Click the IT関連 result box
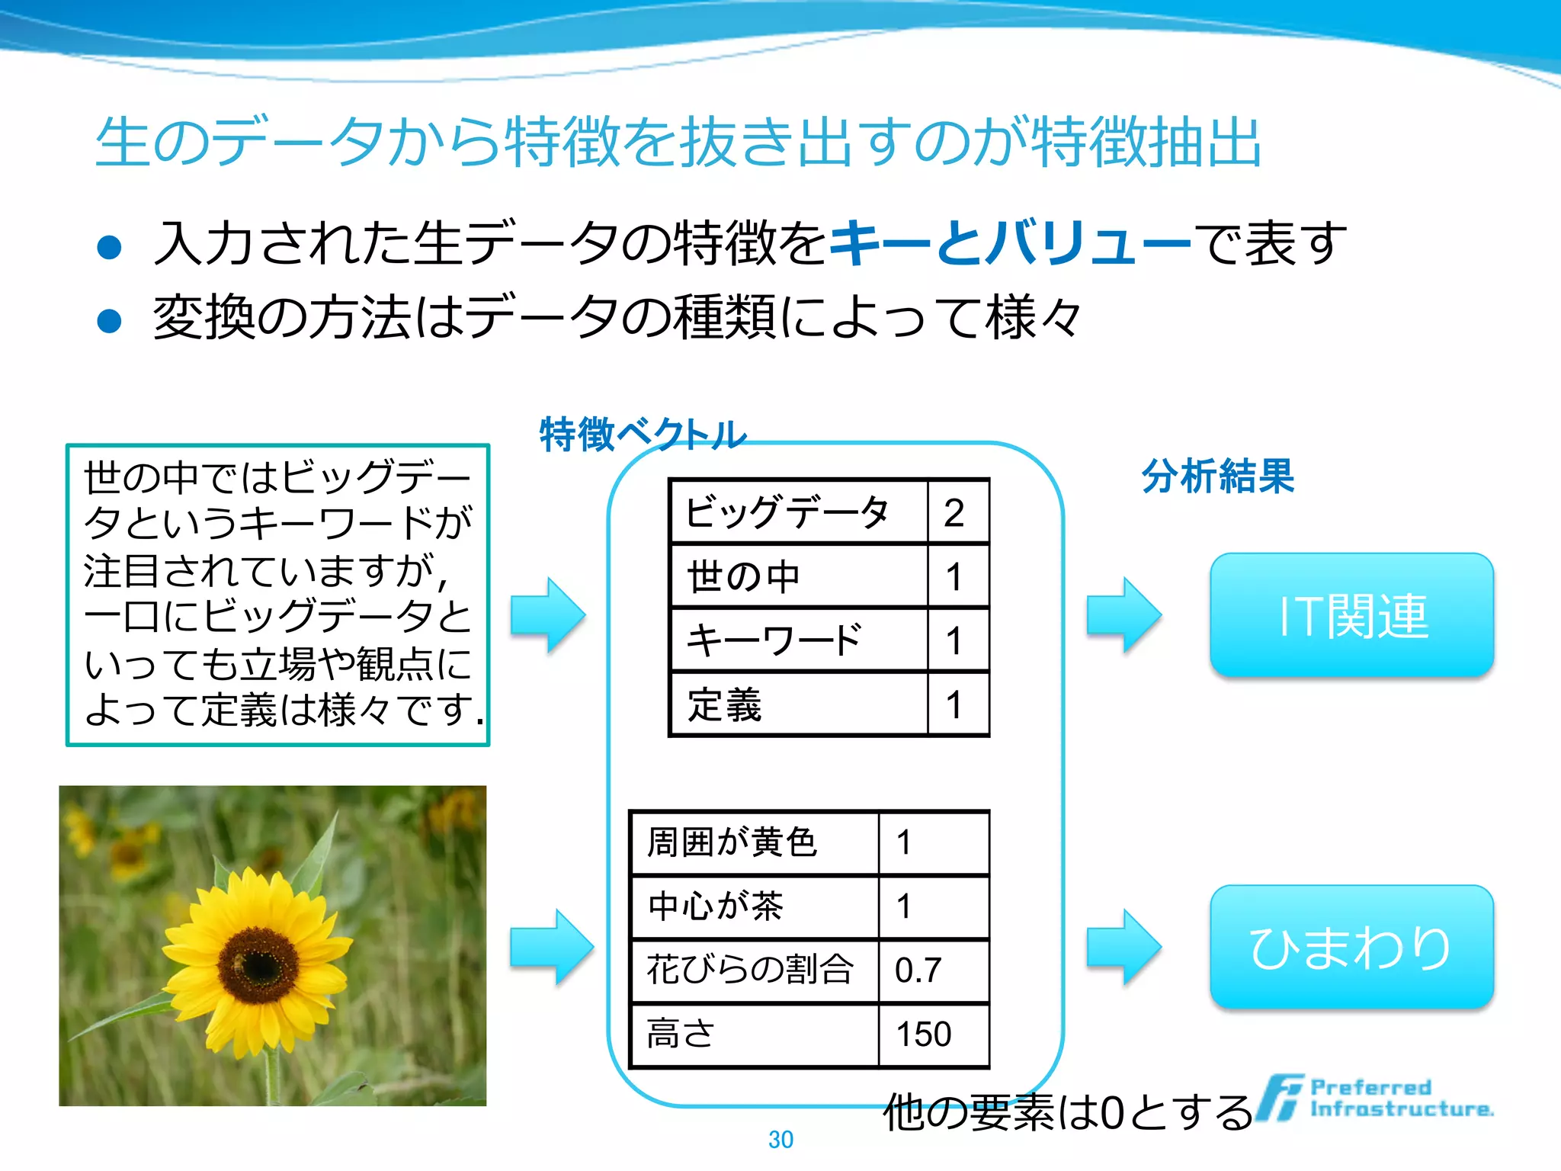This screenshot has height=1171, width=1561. click(x=1351, y=614)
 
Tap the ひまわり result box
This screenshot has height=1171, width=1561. click(x=1351, y=947)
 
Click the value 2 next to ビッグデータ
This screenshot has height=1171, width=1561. click(x=957, y=512)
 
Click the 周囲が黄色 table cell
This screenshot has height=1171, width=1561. click(x=755, y=842)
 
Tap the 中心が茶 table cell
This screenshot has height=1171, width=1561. click(x=755, y=906)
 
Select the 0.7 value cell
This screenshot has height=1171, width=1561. click(x=933, y=970)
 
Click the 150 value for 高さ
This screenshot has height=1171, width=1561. click(x=933, y=1035)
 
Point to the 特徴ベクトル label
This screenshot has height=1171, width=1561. click(x=642, y=435)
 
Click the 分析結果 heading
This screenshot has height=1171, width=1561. click(x=1217, y=476)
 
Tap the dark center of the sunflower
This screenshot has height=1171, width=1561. click(x=258, y=964)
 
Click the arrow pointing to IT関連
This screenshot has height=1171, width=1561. click(x=1123, y=614)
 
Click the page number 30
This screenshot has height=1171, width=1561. click(x=780, y=1139)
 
